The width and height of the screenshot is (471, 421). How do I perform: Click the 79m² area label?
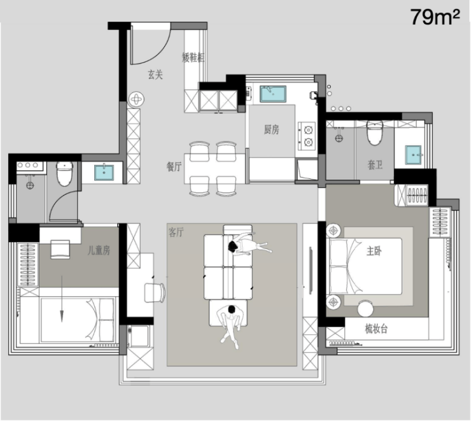pyautogui.click(x=435, y=17)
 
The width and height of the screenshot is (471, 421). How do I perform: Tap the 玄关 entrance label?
pyautogui.click(x=155, y=75)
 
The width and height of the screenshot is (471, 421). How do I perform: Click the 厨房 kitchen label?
pyautogui.click(x=272, y=129)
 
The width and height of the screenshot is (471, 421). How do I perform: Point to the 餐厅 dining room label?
pyautogui.click(x=174, y=166)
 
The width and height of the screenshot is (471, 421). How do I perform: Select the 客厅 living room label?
pyautogui.click(x=176, y=232)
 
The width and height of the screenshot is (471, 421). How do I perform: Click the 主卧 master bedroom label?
pyautogui.click(x=374, y=251)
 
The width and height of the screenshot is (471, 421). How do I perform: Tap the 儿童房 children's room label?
pyautogui.click(x=99, y=250)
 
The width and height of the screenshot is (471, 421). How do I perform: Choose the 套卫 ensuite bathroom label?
pyautogui.click(x=375, y=165)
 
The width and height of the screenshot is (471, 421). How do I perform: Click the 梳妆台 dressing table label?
pyautogui.click(x=376, y=329)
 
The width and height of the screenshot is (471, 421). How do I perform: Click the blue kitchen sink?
pyautogui.click(x=273, y=94)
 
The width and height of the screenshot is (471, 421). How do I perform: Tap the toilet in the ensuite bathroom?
pyautogui.click(x=375, y=133)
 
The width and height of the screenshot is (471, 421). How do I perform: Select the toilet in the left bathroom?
pyautogui.click(x=64, y=174)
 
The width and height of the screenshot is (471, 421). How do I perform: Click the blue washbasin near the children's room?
pyautogui.click(x=104, y=173)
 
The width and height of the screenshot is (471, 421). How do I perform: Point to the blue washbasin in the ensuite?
pyautogui.click(x=413, y=155)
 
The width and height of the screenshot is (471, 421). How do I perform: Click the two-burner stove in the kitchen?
pyautogui.click(x=307, y=136)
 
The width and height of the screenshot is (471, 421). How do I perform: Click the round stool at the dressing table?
pyautogui.click(x=365, y=309)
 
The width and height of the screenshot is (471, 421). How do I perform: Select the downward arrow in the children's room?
pyautogui.click(x=62, y=299)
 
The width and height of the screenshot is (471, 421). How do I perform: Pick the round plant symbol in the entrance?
pyautogui.click(x=136, y=99)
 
